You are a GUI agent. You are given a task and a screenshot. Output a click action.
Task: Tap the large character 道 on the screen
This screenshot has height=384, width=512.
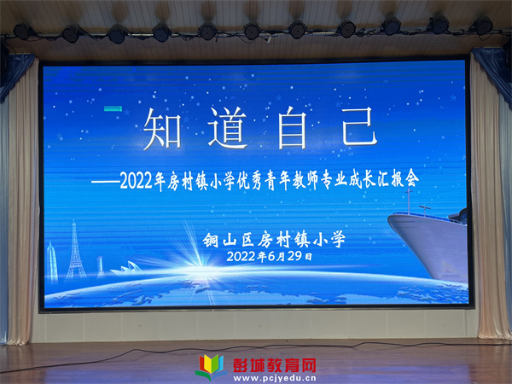click(228, 128)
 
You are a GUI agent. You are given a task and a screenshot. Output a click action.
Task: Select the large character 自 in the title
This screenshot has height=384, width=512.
click(292, 128)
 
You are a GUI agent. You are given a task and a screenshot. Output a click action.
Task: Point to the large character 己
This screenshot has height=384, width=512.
click(358, 126)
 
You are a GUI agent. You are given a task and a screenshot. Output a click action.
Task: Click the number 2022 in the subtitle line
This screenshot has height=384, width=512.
click(137, 180)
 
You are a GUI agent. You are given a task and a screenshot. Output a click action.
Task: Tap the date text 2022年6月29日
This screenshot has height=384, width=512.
click(269, 256)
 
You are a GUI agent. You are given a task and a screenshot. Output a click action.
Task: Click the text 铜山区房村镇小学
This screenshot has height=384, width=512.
click(274, 240)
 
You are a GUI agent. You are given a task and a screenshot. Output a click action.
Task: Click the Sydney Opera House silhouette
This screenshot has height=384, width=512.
click(126, 268)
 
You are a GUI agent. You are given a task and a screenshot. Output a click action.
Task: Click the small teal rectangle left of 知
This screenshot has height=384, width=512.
click(113, 108)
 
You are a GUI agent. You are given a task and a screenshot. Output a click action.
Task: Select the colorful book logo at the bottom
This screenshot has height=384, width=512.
click(212, 367)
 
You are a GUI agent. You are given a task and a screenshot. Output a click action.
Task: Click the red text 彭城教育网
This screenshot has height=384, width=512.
click(274, 365)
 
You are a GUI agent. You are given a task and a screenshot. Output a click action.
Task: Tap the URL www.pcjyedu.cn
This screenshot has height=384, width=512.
click(275, 379)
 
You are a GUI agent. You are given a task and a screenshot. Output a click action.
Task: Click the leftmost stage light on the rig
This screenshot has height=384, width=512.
click(23, 32)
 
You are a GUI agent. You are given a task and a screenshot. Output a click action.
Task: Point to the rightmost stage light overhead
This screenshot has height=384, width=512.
click(483, 26)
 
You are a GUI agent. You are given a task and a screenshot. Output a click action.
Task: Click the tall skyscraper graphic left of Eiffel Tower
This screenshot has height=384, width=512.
click(51, 262)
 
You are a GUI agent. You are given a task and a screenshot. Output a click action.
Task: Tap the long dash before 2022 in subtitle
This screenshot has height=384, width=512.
click(105, 182)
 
